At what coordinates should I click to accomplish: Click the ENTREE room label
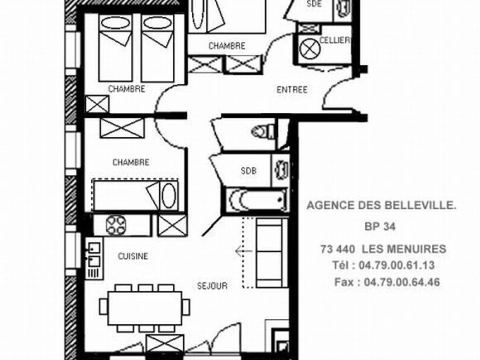[x=292, y=90]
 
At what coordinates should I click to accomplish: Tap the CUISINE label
[x=133, y=256]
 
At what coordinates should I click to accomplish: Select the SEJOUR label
[x=212, y=286]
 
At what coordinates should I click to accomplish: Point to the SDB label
[x=248, y=171]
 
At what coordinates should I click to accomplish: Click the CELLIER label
[x=334, y=40]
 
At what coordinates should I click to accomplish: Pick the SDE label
[x=314, y=4]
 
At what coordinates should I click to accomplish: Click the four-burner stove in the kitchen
[x=116, y=225]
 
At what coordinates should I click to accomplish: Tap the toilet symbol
[x=263, y=132]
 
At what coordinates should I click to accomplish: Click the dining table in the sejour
[x=145, y=308]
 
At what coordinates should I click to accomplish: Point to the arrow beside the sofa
[x=244, y=251]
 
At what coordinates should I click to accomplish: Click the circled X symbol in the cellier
[x=310, y=49]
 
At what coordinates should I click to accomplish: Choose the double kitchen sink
[x=94, y=258]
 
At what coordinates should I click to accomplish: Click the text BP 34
[x=380, y=226]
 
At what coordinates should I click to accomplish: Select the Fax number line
[x=387, y=282]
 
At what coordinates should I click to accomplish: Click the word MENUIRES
[x=404, y=249]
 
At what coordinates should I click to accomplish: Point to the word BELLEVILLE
[x=420, y=205]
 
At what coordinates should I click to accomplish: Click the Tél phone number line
[x=383, y=265]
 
